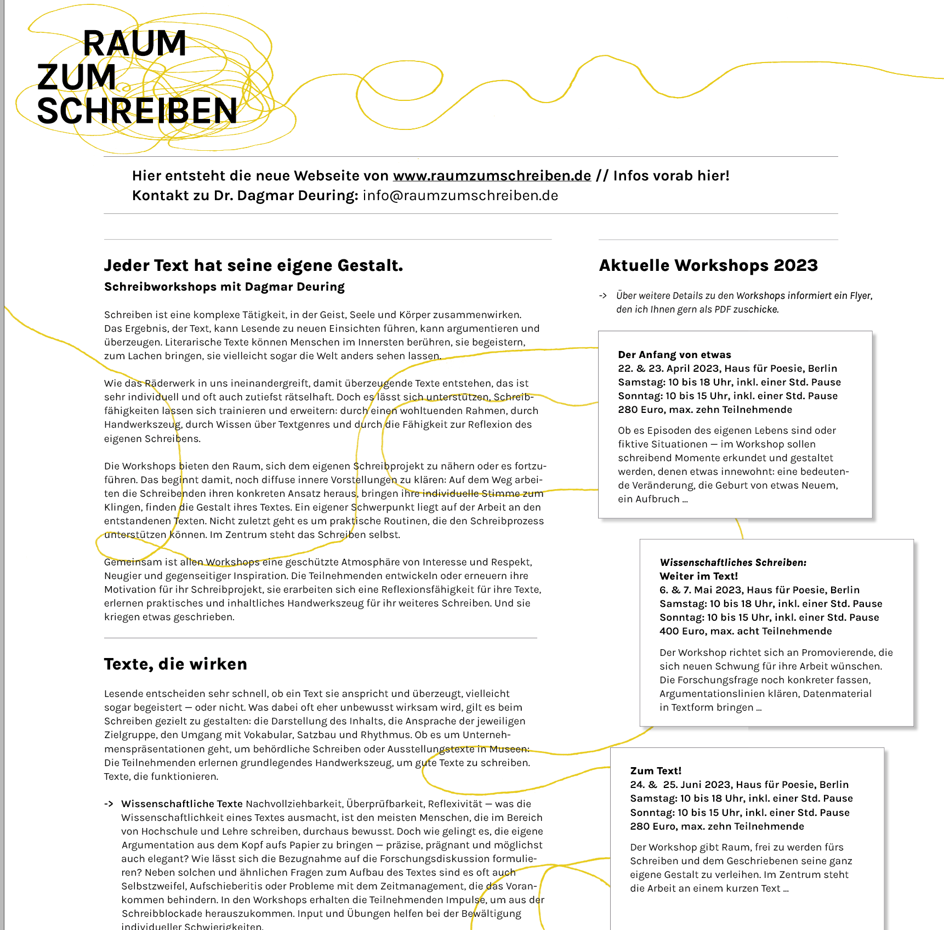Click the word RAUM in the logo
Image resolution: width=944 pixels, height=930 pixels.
[134, 43]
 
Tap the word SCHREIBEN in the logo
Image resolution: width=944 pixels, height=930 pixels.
[137, 111]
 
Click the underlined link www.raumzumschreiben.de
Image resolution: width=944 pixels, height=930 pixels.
[492, 176]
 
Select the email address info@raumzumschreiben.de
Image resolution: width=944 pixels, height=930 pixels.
[460, 196]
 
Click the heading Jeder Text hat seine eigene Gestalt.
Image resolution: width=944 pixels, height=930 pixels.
[253, 265]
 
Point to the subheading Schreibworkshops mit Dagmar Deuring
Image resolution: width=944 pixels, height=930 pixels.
[224, 287]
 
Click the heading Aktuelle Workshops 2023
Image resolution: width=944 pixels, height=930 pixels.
[708, 265]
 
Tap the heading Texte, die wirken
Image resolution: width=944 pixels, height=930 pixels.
[175, 664]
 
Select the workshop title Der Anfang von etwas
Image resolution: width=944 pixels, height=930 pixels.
[674, 355]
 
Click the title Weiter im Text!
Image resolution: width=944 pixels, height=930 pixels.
[698, 576]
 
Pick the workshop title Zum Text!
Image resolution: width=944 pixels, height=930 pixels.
[656, 771]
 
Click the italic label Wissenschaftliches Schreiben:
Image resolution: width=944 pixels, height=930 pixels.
[733, 563]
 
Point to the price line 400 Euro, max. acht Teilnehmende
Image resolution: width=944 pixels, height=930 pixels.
[746, 631]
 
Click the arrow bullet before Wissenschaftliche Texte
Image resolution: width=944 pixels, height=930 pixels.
[109, 804]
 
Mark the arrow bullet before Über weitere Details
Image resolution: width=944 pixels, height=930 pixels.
[603, 296]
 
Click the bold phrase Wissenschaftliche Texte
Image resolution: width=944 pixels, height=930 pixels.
[181, 804]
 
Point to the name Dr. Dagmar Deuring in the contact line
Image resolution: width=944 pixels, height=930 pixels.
[286, 196]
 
